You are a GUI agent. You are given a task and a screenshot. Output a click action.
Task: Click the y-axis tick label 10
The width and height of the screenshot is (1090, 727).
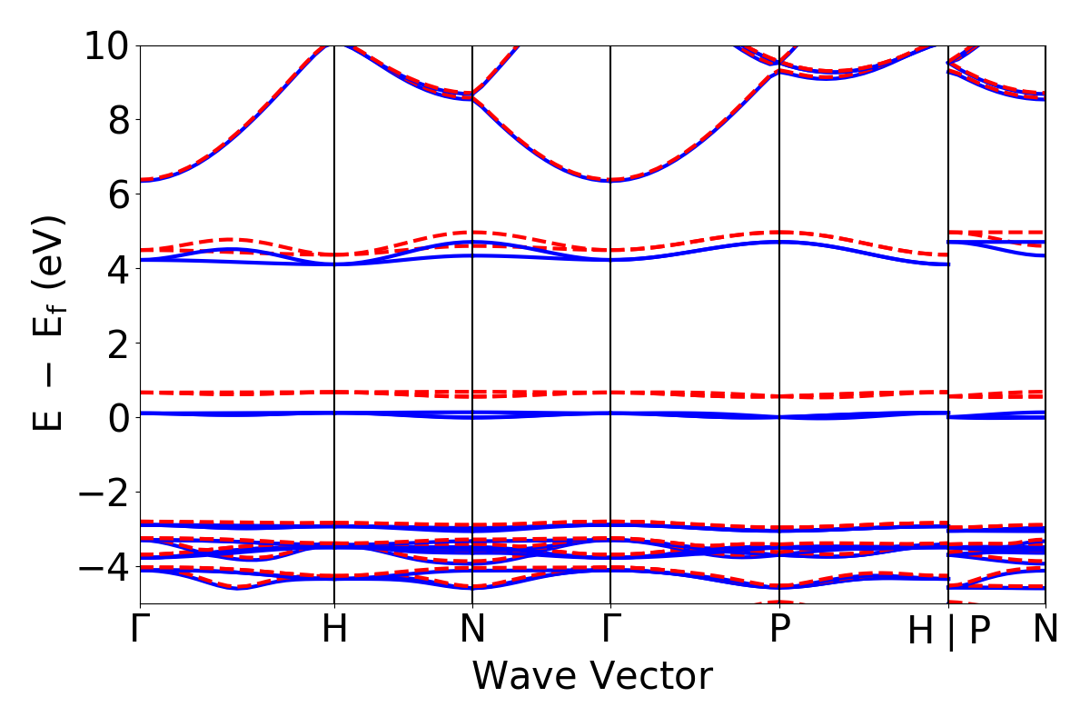click(106, 45)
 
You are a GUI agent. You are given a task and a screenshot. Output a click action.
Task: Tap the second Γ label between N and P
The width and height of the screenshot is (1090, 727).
click(610, 630)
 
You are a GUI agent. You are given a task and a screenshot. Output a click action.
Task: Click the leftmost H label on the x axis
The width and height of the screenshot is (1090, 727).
click(335, 630)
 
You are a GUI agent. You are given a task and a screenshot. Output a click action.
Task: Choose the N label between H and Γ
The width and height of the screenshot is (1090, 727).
click(472, 630)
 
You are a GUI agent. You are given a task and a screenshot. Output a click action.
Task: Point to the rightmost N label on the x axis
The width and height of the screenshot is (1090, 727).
click(1045, 630)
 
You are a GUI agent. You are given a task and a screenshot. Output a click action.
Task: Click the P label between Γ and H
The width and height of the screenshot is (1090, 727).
click(779, 630)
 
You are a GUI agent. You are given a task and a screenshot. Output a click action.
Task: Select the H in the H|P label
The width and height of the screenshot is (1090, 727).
click(921, 632)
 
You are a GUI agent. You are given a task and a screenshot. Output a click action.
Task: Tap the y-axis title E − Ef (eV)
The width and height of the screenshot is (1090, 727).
click(51, 324)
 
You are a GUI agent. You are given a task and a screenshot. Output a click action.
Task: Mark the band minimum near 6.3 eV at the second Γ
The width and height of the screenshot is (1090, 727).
click(610, 180)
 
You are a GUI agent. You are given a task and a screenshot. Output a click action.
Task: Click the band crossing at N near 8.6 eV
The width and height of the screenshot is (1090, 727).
click(472, 95)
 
